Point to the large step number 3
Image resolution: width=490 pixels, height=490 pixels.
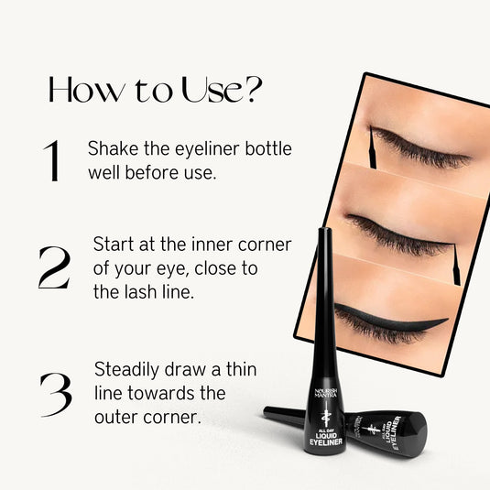tap(55, 394)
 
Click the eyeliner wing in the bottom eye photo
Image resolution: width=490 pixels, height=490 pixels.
tap(430, 322)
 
